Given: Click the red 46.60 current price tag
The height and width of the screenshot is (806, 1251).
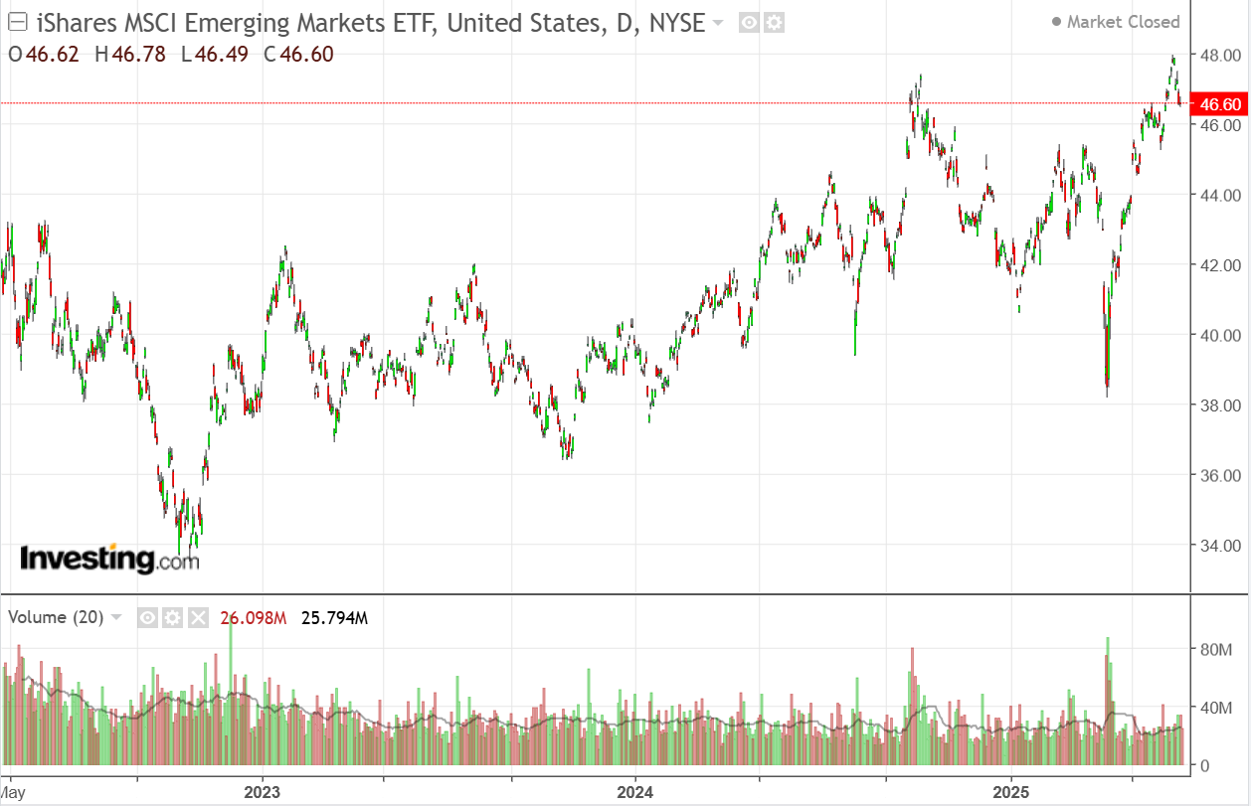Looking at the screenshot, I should pos(1219,104).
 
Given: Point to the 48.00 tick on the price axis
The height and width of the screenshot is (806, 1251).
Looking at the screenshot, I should pos(1219,56).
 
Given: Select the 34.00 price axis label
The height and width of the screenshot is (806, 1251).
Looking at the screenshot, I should pos(1219,545).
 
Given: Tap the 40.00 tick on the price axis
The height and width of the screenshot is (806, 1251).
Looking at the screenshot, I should pos(1219,335).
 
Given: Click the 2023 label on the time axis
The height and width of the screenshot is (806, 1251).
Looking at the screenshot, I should pos(263,792).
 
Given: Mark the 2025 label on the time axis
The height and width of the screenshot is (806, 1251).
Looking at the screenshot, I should pos(1010,792).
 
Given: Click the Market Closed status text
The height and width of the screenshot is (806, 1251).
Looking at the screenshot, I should pos(1123,22).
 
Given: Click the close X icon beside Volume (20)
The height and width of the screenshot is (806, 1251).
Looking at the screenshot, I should pos(198,618).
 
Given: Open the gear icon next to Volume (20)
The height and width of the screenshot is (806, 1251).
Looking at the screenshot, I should pos(173,618).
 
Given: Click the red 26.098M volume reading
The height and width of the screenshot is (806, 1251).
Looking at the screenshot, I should pos(254,618).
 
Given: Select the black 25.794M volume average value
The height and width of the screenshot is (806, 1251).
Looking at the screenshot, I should pos(334,618).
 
